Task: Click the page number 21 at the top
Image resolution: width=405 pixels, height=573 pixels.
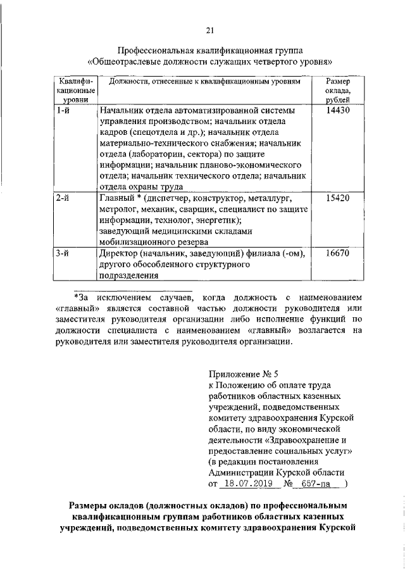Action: pyautogui.click(x=210, y=29)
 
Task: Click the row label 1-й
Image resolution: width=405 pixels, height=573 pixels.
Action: pyautogui.click(x=62, y=110)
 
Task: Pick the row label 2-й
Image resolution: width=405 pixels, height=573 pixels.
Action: pyautogui.click(x=62, y=198)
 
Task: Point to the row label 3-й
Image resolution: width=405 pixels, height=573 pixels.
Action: pyautogui.click(x=62, y=253)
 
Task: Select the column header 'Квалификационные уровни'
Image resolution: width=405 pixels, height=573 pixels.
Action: pyautogui.click(x=75, y=91)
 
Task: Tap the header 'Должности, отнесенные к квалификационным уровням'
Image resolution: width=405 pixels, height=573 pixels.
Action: pyautogui.click(x=205, y=82)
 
